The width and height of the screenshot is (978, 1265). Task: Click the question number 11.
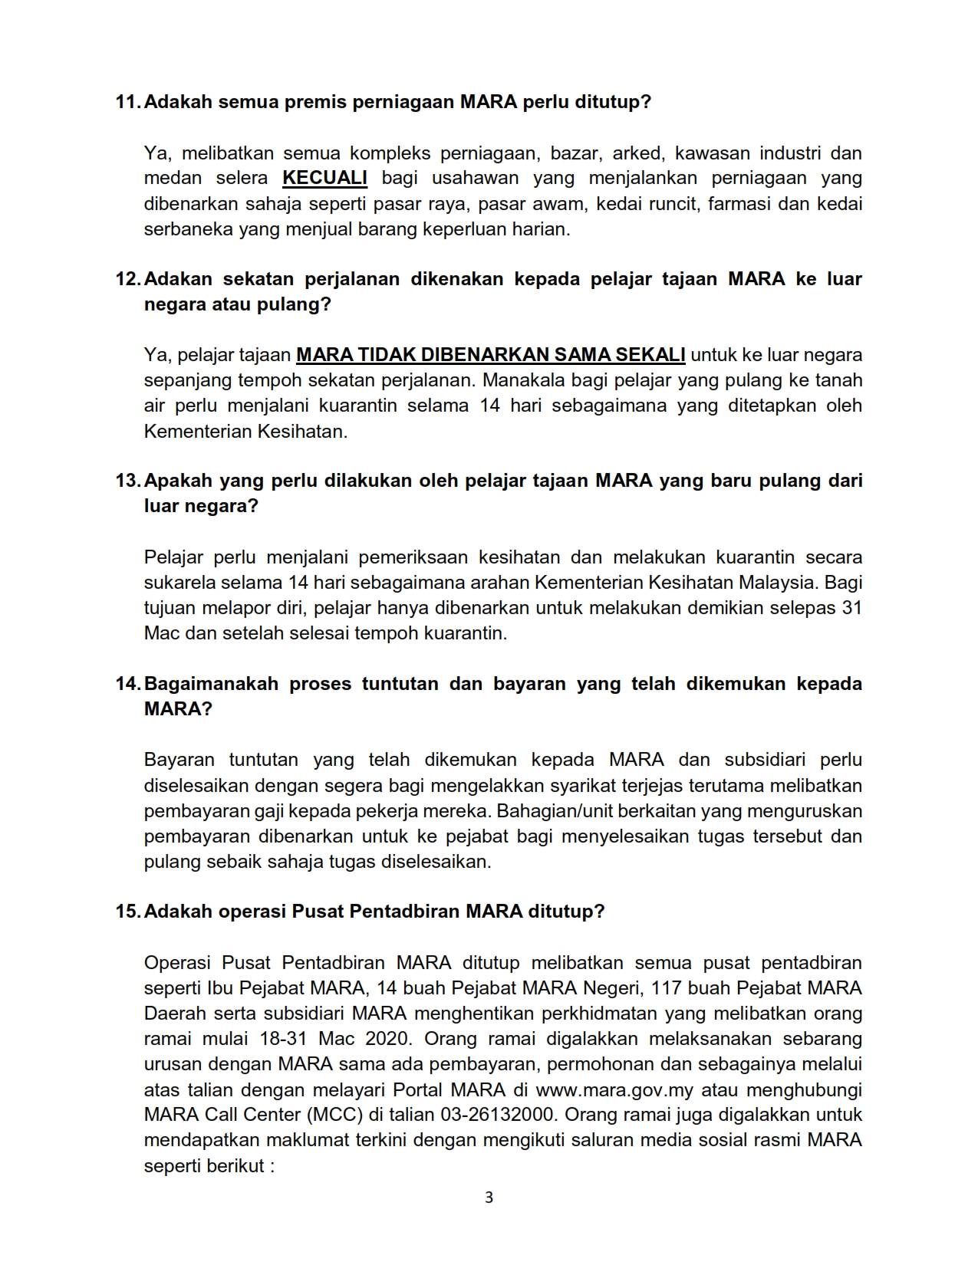(x=127, y=102)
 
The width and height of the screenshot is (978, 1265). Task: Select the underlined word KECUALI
(x=325, y=178)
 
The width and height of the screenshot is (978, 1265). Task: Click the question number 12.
(x=127, y=279)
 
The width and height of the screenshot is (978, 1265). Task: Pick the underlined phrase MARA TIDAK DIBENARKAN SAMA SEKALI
(x=491, y=355)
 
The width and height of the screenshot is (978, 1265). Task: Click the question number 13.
(x=127, y=481)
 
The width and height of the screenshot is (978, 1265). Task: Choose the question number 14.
(x=127, y=684)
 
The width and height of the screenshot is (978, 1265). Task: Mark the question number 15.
(x=127, y=912)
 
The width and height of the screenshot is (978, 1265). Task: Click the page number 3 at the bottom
(x=489, y=1198)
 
